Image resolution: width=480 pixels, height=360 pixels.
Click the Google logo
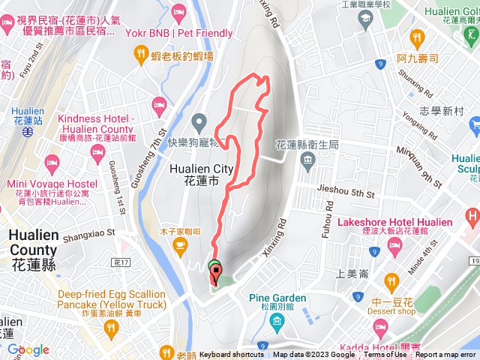click(28, 349)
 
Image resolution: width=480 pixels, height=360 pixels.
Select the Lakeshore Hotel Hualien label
click(395, 223)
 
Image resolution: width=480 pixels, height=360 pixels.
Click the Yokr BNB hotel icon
click(178, 12)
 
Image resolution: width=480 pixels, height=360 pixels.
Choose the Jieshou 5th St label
click(346, 193)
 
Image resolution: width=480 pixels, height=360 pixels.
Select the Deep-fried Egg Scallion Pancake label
click(112, 299)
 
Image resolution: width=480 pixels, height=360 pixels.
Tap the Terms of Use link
click(385, 355)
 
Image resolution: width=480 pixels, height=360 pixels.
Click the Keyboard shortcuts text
click(232, 355)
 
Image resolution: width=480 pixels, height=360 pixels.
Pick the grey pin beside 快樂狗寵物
click(199, 121)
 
